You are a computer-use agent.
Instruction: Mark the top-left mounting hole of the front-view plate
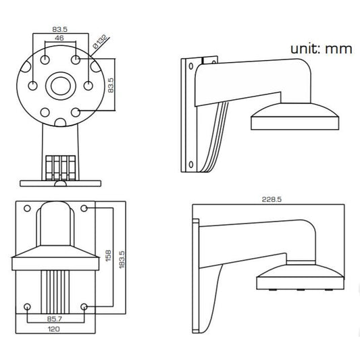27,209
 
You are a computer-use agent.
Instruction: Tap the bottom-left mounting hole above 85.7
27,307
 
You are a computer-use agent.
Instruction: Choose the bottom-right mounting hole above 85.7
83,307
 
